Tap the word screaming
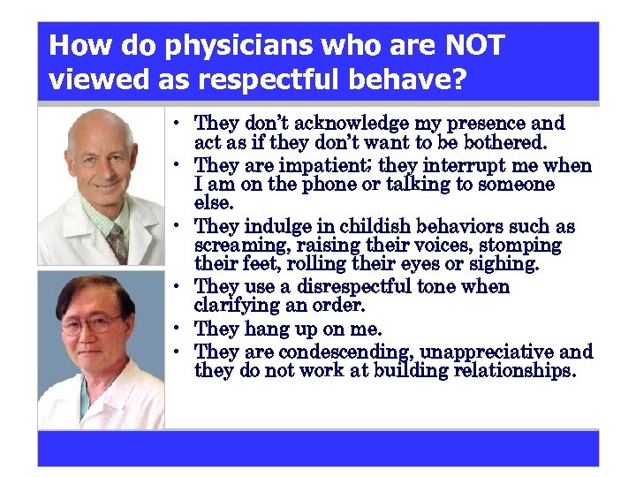[233, 246]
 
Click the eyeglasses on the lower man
[91, 323]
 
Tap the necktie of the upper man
[116, 241]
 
